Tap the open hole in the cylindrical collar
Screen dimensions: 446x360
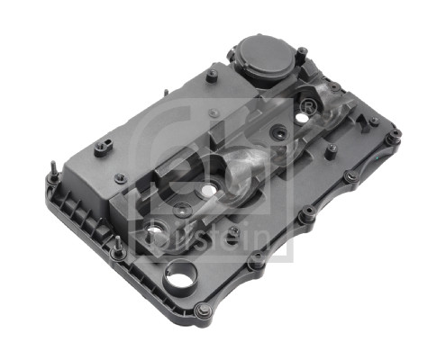click(181, 276)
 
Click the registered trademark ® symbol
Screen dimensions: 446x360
click(307, 107)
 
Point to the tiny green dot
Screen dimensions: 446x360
click(378, 157)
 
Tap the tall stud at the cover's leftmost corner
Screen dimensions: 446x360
click(54, 170)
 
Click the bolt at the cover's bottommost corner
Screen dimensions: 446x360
click(204, 311)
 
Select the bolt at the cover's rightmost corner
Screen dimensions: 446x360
click(394, 137)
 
